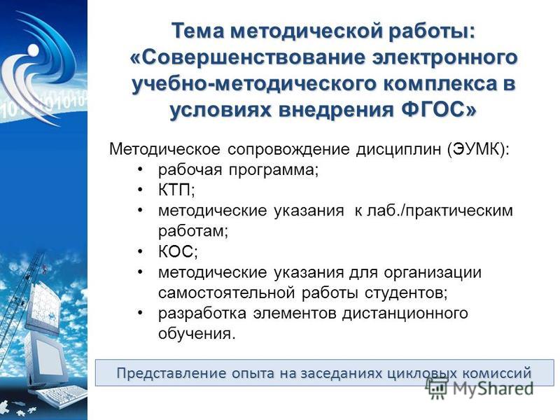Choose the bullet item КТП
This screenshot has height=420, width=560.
(176, 190)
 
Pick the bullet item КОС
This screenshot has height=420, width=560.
(178, 252)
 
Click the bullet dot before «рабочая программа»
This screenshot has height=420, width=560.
(141, 169)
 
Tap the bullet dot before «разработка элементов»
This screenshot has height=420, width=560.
(141, 313)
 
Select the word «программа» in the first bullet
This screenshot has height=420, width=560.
(274, 170)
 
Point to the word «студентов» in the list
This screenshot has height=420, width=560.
(406, 293)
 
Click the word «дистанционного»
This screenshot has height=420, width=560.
(405, 314)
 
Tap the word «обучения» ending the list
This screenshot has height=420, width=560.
(197, 335)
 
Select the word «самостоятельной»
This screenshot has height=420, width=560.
(226, 293)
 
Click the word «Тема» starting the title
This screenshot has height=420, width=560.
(198, 31)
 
